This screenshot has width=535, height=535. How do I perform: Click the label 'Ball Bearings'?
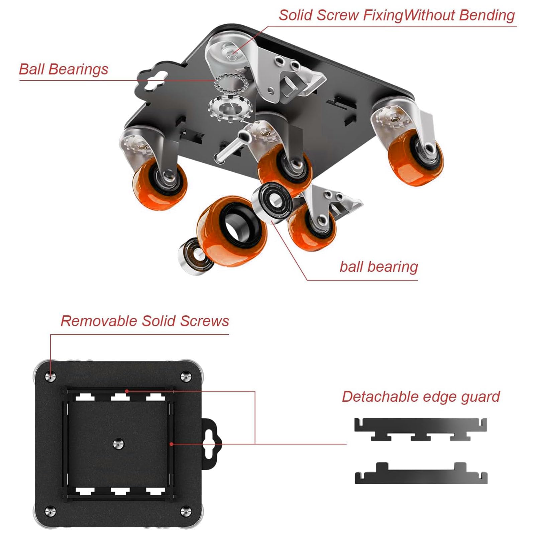coord(64,69)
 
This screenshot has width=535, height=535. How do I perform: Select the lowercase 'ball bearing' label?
coord(379,267)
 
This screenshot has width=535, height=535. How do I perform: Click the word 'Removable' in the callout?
coord(99,321)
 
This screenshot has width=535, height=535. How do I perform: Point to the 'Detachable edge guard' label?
coord(421,397)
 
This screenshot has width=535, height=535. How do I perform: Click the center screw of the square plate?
coord(118,444)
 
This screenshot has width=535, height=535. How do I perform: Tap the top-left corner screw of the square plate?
coord(50,377)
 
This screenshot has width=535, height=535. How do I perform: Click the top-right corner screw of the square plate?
coord(186,377)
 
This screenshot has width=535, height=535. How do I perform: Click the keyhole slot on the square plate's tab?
coord(211,444)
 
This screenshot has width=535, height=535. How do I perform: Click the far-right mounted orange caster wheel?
coord(416,156)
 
